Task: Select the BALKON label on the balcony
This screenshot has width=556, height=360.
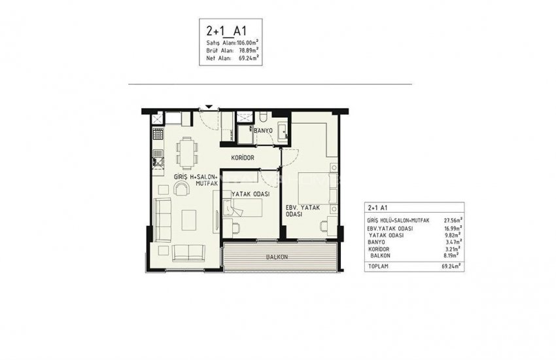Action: pos(277,257)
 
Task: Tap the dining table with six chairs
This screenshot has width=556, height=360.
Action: pos(187,153)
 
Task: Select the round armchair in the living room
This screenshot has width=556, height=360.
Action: pos(181,189)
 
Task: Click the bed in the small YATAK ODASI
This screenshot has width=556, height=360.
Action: pos(245,208)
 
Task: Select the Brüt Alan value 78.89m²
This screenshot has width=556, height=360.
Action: pos(247,50)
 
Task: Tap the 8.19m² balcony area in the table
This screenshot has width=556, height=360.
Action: pos(453,256)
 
